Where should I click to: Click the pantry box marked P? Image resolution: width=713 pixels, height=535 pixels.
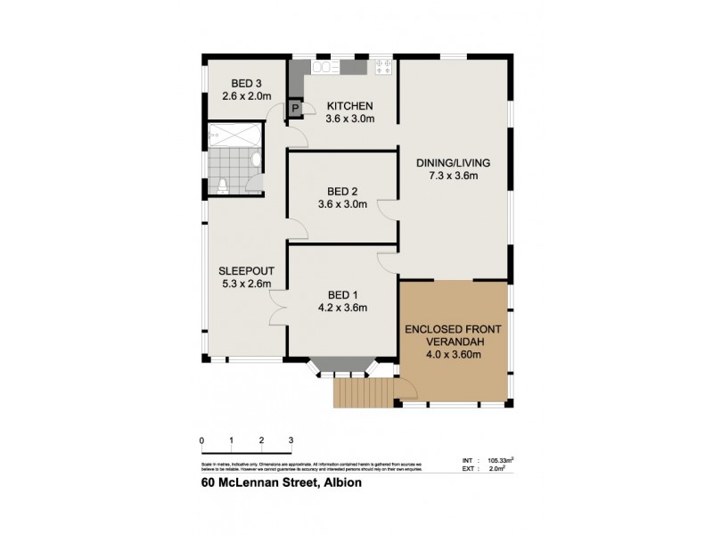pos(295,109)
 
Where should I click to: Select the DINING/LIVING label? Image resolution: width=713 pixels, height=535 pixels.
pos(454,163)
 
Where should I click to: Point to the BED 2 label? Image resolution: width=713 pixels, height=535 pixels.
pos(342,191)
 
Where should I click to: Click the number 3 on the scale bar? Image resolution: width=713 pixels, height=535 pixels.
pos(291,440)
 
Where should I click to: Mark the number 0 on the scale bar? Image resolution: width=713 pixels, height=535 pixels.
pos(202,440)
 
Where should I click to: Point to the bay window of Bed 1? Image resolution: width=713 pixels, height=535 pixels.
pos(342,366)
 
